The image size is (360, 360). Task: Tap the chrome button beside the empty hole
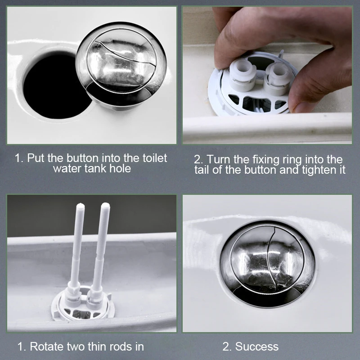coord(121,64)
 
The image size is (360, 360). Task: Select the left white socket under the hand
coord(243,75)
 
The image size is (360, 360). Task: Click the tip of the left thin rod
coord(81,206)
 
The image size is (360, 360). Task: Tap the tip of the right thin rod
coord(105,205)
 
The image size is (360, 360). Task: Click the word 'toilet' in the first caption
coord(155,158)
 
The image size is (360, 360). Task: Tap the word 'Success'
coord(256,346)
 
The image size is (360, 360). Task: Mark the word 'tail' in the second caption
coord(202,170)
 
